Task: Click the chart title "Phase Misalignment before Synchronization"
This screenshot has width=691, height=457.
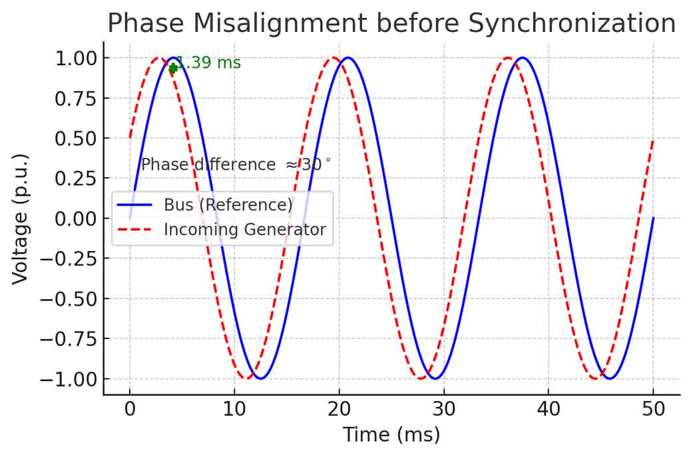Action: click(391, 24)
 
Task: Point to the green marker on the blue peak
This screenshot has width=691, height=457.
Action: click(173, 67)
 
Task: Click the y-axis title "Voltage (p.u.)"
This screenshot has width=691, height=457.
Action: click(21, 219)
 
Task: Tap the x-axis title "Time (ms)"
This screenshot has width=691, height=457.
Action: click(391, 436)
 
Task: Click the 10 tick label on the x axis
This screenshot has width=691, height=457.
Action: click(234, 409)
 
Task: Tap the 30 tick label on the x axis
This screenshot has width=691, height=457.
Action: click(443, 409)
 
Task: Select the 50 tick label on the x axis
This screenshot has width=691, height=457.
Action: click(653, 409)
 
